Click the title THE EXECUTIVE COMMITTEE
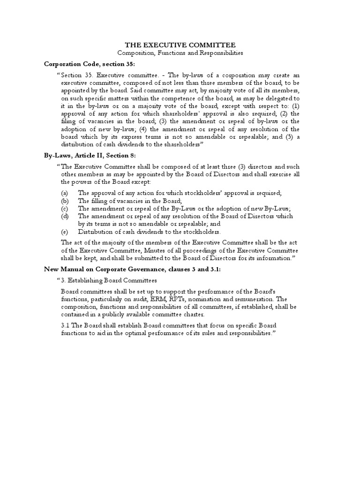(180, 45)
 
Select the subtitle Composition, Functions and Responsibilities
(180, 53)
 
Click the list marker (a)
(65, 193)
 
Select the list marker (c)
(65, 209)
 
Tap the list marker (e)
(65, 232)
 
